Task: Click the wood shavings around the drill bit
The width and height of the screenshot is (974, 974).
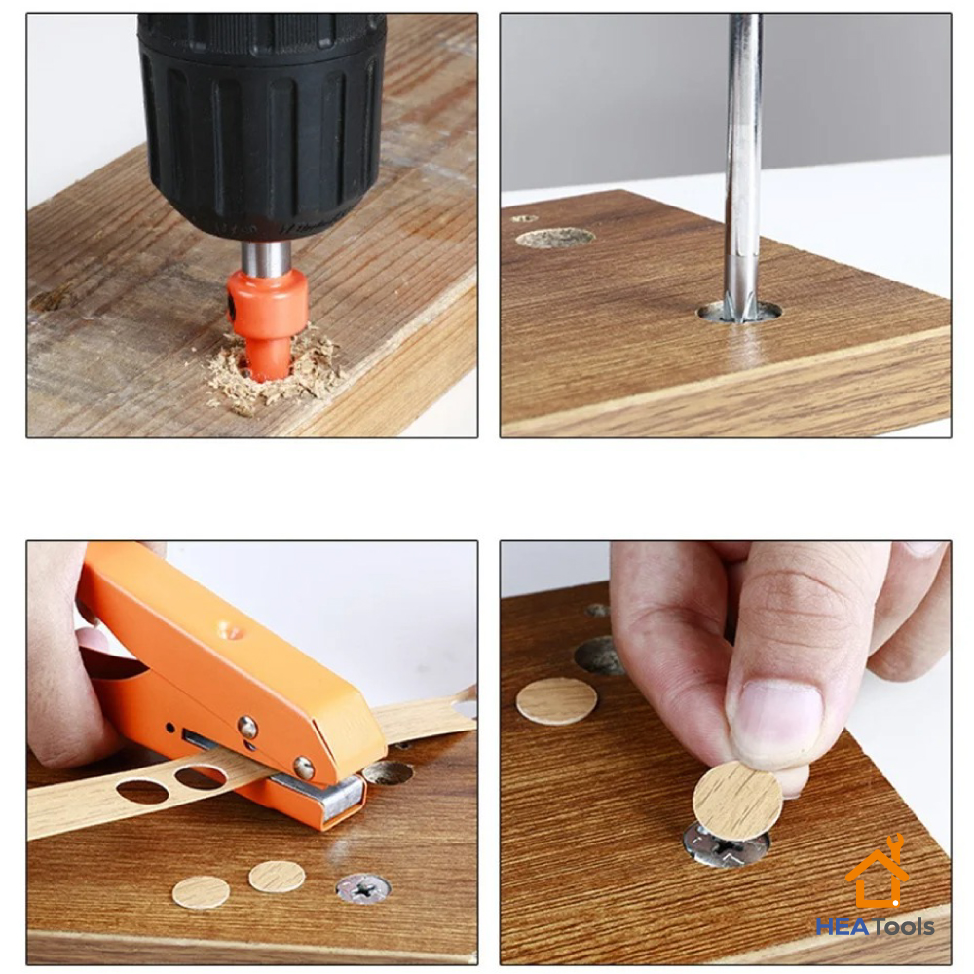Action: tap(274, 373)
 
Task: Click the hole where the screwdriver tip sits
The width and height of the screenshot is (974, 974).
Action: tap(738, 313)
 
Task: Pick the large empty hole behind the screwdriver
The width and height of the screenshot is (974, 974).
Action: tap(555, 238)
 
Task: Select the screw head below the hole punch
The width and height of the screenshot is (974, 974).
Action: tap(363, 889)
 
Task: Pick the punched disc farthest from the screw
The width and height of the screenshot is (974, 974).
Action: tap(202, 892)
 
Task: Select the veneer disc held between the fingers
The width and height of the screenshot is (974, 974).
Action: tap(738, 792)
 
